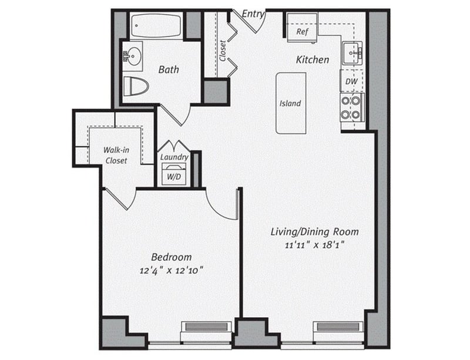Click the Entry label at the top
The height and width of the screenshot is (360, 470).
[x=253, y=13]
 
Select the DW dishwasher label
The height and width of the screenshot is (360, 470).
[x=351, y=81]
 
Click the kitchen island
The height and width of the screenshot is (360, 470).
[x=291, y=103]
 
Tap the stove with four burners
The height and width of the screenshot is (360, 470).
[x=351, y=107]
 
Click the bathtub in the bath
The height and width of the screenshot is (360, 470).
[x=156, y=26]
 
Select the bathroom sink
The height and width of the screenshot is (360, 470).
[x=132, y=56]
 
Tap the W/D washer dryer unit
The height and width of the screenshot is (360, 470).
[x=174, y=174]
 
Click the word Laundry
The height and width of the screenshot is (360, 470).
[x=174, y=157]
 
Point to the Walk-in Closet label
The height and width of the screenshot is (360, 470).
[x=116, y=155]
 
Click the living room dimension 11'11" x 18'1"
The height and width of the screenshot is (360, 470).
[x=314, y=245]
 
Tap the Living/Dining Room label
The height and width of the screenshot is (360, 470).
[x=314, y=231]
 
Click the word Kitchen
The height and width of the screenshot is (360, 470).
[x=312, y=60]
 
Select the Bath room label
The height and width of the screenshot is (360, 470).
[x=169, y=69]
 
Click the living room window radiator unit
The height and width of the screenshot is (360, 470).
[x=337, y=327]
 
